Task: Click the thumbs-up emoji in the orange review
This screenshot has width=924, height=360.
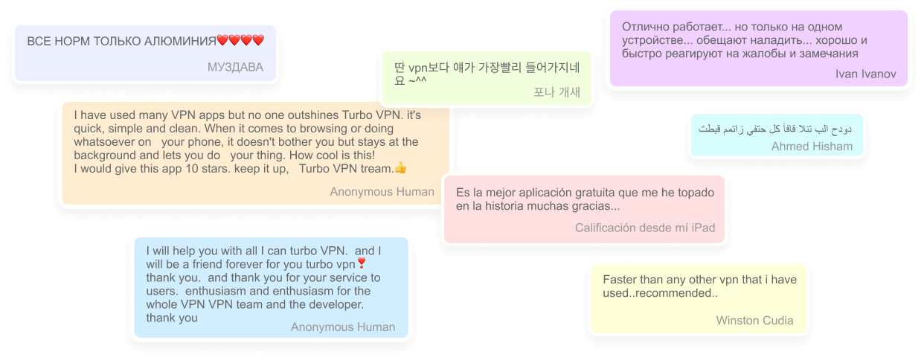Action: click(400, 168)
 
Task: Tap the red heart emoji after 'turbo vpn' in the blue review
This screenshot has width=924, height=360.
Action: click(362, 263)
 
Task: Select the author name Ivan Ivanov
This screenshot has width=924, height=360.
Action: click(865, 74)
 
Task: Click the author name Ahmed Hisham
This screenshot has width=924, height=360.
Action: click(812, 147)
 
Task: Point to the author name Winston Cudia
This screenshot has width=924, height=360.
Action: click(754, 321)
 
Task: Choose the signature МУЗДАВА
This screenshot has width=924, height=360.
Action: click(235, 67)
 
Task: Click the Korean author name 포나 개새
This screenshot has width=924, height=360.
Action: click(557, 92)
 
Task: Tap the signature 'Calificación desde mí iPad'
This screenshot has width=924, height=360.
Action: click(645, 228)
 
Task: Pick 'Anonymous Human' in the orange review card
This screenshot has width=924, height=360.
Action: click(382, 192)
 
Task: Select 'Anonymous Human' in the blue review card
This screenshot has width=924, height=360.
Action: click(343, 327)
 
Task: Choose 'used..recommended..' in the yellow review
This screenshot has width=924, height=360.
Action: click(660, 293)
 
